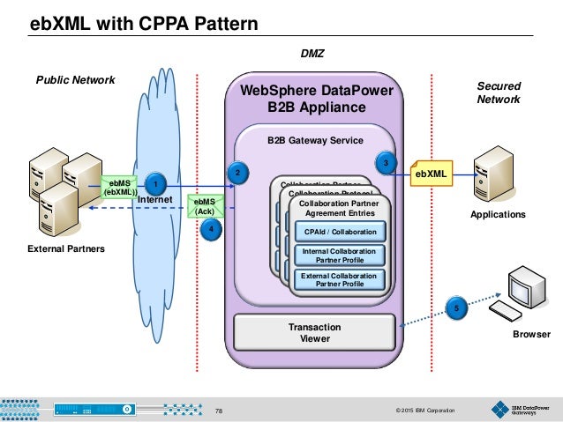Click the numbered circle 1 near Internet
(x=155, y=184)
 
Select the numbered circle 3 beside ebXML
(x=387, y=163)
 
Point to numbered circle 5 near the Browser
(x=455, y=308)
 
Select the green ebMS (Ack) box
(x=205, y=206)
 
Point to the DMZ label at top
(x=313, y=54)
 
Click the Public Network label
(x=75, y=80)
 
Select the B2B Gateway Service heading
(x=315, y=139)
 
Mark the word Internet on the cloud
(x=155, y=200)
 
